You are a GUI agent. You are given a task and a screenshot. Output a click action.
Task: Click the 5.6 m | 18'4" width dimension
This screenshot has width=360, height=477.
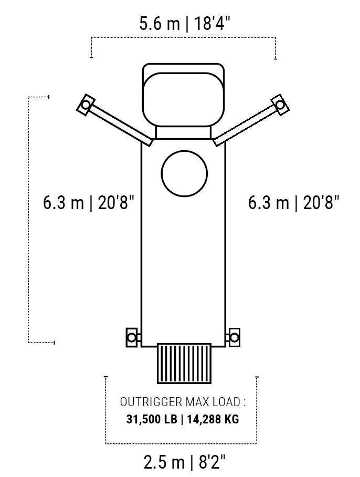click(x=184, y=24)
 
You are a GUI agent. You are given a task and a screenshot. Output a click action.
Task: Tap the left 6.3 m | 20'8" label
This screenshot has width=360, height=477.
click(x=88, y=202)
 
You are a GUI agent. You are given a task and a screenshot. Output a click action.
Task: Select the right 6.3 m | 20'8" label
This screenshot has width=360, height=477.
click(x=294, y=202)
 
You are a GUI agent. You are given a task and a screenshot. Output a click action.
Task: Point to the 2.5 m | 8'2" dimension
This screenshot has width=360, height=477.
click(x=184, y=462)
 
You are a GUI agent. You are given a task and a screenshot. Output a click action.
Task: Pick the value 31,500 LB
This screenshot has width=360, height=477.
click(x=152, y=419)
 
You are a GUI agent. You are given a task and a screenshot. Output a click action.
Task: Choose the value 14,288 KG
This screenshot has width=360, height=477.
click(x=213, y=419)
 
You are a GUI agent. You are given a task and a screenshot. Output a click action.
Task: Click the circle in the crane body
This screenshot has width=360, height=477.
click(x=184, y=151)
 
